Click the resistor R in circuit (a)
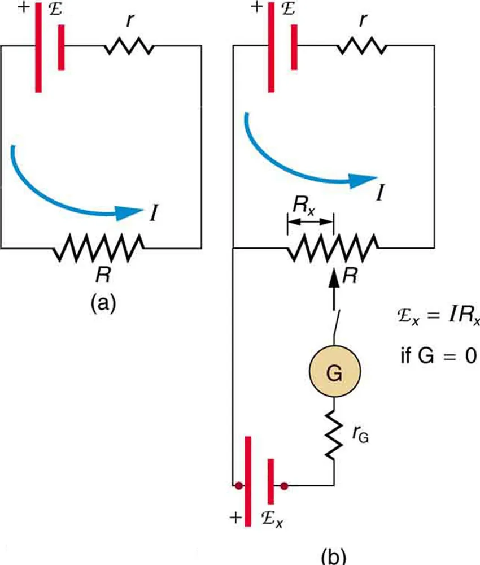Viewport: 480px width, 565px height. click(x=98, y=249)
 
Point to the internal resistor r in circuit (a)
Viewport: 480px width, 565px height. click(x=129, y=47)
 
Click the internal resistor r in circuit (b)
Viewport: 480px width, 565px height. click(x=363, y=47)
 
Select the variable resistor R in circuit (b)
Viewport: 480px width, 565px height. click(x=333, y=247)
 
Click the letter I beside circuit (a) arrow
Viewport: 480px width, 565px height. click(x=154, y=214)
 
